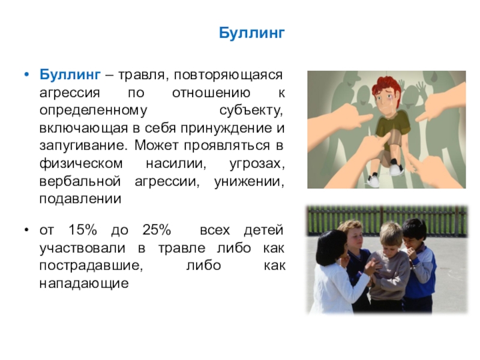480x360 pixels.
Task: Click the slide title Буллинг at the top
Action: pyautogui.click(x=251, y=33)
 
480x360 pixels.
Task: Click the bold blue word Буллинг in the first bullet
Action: pyautogui.click(x=70, y=74)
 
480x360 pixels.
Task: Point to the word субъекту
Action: pyautogui.click(x=251, y=110)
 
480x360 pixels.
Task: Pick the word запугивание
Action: pyautogui.click(x=83, y=146)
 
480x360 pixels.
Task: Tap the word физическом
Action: pyautogui.click(x=81, y=163)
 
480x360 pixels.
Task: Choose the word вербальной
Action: pyautogui.click(x=80, y=181)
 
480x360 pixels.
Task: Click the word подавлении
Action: pyautogui.click(x=80, y=199)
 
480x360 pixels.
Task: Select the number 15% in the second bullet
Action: pyautogui.click(x=82, y=229)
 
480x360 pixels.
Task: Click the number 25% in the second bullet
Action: pyautogui.click(x=157, y=229)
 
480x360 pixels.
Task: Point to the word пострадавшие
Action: pyautogui.click(x=91, y=265)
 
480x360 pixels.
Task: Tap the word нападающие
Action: pyautogui.click(x=84, y=283)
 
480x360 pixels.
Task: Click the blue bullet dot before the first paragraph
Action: pyautogui.click(x=27, y=75)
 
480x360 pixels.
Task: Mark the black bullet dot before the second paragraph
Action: pyautogui.click(x=27, y=230)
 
